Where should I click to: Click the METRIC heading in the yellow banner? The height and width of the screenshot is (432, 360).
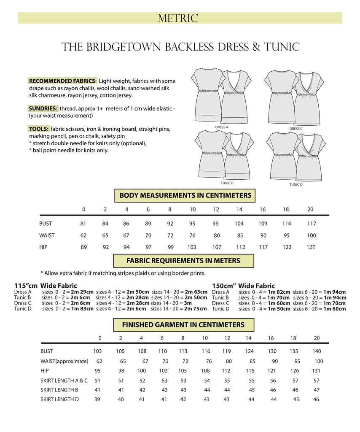[177, 18]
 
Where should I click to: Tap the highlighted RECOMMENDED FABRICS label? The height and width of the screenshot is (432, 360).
[63, 81]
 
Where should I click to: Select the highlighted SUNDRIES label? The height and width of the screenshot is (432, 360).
[43, 108]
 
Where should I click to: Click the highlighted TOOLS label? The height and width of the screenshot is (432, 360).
[39, 129]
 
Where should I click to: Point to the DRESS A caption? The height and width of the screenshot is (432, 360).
[222, 127]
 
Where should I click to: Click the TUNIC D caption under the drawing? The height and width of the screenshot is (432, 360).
[296, 184]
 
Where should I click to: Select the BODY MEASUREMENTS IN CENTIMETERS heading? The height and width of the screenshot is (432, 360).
[185, 195]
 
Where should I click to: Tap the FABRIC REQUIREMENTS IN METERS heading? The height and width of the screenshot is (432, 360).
[183, 261]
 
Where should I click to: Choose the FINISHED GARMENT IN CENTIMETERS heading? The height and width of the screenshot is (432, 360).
[183, 325]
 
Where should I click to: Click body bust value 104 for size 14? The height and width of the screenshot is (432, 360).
[239, 224]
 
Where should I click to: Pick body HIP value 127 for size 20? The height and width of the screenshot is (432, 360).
[311, 247]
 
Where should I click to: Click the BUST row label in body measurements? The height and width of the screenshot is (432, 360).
[46, 224]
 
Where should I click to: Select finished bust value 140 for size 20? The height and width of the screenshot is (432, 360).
[317, 351]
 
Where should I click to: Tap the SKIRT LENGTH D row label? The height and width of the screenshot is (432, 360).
[59, 399]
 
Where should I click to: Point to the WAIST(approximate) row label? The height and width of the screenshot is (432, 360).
[64, 361]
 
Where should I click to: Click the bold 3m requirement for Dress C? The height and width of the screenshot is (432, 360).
[187, 303]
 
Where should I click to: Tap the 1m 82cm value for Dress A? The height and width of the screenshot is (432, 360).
[279, 292]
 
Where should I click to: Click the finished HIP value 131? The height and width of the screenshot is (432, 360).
[317, 371]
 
